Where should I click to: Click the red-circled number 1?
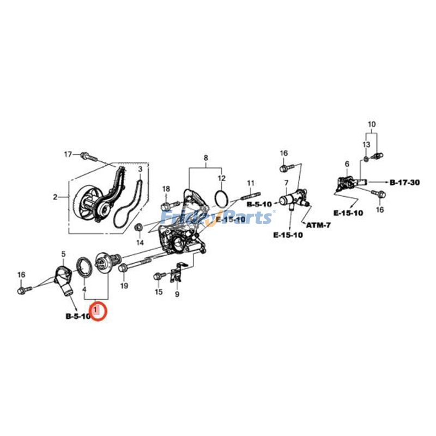pos(98,311)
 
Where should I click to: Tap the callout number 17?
pos(68,154)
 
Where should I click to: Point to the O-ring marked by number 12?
pos(221,199)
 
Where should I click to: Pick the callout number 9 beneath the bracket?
pos(177,295)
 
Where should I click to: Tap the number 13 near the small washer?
pos(366,144)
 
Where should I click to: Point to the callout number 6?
pos(347,163)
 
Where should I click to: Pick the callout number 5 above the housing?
pos(63,254)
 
